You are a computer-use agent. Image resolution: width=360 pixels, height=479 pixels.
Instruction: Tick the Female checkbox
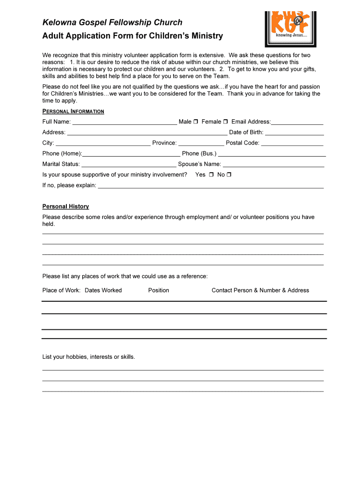tap(225, 122)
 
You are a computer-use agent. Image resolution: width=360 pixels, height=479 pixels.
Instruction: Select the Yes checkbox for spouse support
tap(211, 175)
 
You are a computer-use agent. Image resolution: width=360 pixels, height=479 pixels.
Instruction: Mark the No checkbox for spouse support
tap(229, 175)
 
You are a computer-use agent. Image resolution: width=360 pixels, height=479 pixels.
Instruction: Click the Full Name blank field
tap(125, 123)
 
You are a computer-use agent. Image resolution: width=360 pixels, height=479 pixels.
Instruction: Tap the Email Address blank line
tap(297, 123)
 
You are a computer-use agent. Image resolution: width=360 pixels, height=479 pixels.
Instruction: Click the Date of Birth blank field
tap(295, 133)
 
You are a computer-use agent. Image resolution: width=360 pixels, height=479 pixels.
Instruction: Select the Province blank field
tap(201, 144)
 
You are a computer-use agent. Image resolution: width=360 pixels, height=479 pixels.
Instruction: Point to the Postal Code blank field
tap(292, 144)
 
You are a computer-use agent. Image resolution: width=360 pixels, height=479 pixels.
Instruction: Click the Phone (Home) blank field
tap(131, 154)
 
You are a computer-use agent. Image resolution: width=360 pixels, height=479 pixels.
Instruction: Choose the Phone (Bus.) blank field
tap(272, 154)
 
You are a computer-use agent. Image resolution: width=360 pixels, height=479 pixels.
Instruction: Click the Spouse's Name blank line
tap(274, 165)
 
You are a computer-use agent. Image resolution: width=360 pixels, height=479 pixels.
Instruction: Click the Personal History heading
tap(65, 206)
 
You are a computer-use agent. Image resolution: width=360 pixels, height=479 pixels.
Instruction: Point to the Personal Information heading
tap(73, 111)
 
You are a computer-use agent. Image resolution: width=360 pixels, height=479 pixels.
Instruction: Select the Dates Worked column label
tap(103, 290)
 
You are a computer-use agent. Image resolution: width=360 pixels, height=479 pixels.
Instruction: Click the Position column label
tap(158, 290)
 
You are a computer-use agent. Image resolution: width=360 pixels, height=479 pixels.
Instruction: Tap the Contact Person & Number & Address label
tap(260, 290)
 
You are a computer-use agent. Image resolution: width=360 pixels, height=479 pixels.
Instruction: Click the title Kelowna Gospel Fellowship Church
tap(112, 22)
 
